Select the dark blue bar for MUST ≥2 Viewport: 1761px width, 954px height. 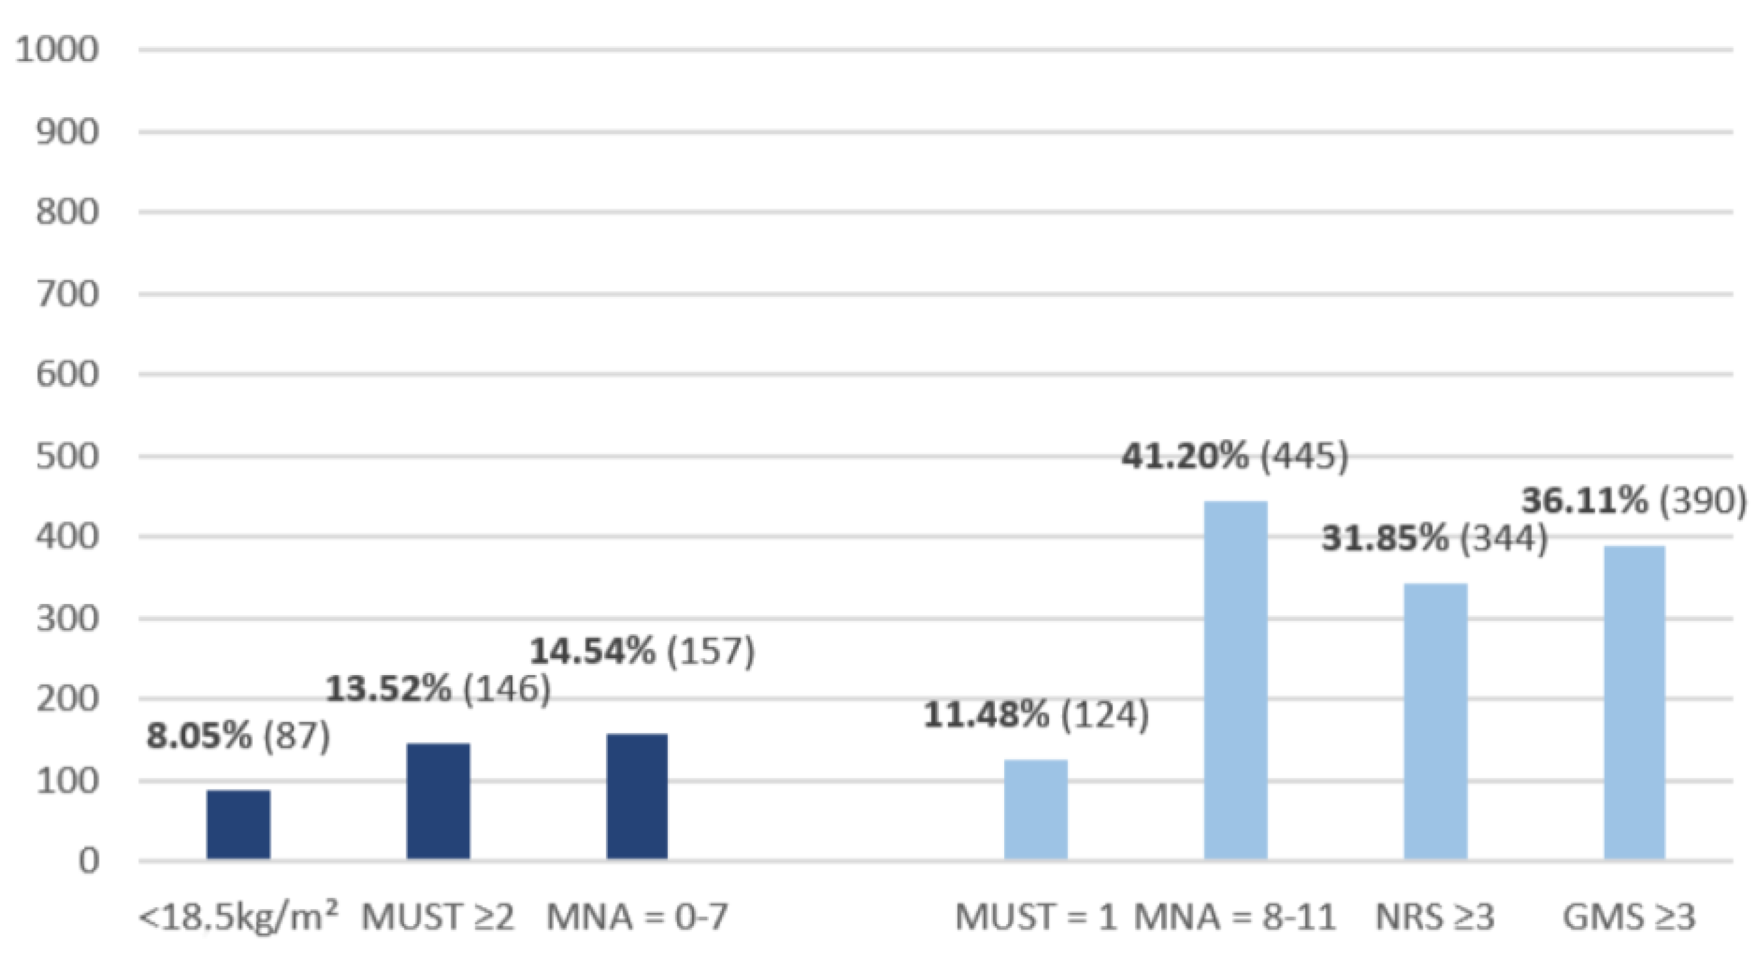pos(438,801)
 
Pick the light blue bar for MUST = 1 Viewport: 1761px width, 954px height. pos(1036,809)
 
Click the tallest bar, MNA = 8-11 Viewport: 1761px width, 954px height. pos(1235,680)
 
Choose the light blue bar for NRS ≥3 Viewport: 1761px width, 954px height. pos(1436,721)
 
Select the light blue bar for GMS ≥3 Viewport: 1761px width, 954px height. pos(1635,702)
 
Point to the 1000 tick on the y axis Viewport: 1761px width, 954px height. pos(57,50)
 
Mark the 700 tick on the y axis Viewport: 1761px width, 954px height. pos(67,295)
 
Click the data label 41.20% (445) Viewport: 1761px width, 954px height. pos(1235,456)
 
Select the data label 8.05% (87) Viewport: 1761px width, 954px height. pos(239,736)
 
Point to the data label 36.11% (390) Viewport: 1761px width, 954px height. pos(1634,501)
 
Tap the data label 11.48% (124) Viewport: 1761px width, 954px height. pos(1037,715)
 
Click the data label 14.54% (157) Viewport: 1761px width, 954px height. pos(643,651)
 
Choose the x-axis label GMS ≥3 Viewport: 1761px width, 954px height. pos(1629,917)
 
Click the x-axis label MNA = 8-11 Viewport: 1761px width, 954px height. pos(1235,917)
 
